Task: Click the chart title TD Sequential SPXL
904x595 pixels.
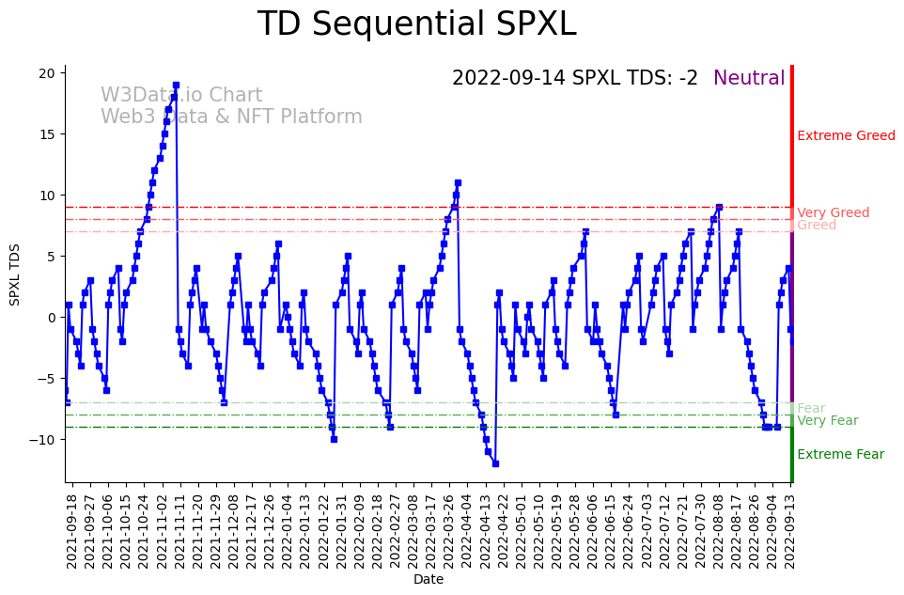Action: click(416, 25)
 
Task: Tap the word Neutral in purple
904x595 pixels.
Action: click(749, 79)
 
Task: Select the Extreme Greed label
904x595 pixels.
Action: click(846, 136)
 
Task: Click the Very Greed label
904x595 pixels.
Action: click(833, 213)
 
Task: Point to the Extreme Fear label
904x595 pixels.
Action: click(840, 455)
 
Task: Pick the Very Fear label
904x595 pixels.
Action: click(827, 421)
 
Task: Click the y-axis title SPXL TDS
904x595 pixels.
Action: click(15, 274)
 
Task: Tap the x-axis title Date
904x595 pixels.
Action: click(429, 580)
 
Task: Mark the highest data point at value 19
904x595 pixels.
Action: click(176, 86)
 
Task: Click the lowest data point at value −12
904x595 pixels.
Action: click(495, 463)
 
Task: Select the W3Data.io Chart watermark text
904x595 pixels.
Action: click(181, 96)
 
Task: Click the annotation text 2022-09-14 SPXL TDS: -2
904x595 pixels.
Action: click(575, 79)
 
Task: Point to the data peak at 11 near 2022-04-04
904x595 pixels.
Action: click(458, 183)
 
